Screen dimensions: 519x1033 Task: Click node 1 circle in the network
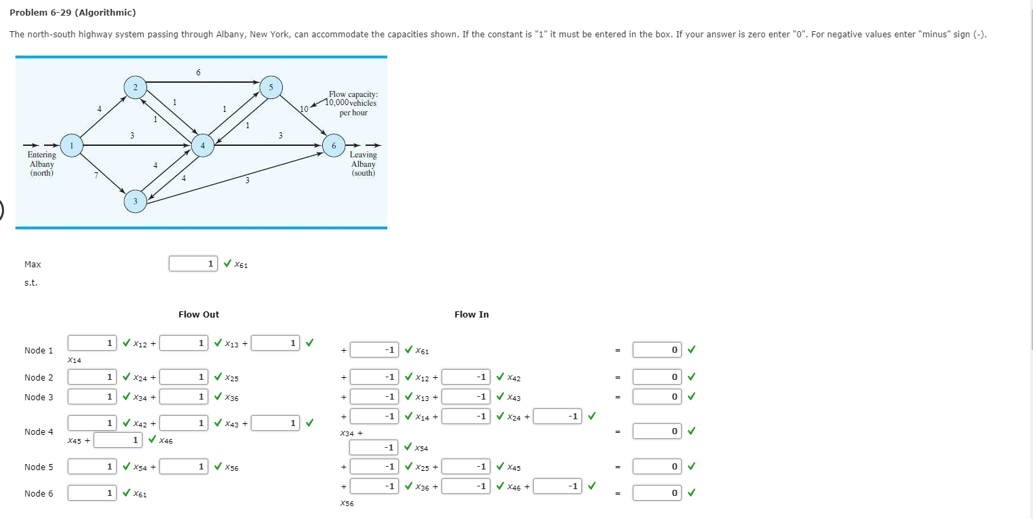[x=71, y=145]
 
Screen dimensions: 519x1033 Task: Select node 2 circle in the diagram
[x=135, y=87]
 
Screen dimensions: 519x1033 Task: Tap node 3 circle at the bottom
[x=135, y=201]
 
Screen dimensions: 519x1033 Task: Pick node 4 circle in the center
[x=202, y=145]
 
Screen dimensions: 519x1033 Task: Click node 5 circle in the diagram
[x=271, y=87]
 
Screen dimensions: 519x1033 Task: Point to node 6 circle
[x=333, y=145]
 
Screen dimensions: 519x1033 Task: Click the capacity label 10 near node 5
[x=304, y=109]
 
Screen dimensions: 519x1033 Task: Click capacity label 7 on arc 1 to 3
[x=96, y=176]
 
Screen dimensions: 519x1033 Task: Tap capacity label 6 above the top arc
[x=198, y=72]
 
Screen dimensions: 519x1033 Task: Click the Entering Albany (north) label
[x=41, y=164]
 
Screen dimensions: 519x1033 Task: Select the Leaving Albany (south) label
[x=363, y=164]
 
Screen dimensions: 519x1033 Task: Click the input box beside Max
[x=193, y=263]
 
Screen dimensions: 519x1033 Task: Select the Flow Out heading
[x=199, y=315]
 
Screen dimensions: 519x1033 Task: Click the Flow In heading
[x=471, y=315]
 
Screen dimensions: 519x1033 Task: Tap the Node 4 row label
[x=39, y=432]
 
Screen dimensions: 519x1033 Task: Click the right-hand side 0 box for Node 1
[x=657, y=350]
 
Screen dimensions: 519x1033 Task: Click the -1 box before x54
[x=374, y=448]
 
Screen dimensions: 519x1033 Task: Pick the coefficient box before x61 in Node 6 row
[x=92, y=493]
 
